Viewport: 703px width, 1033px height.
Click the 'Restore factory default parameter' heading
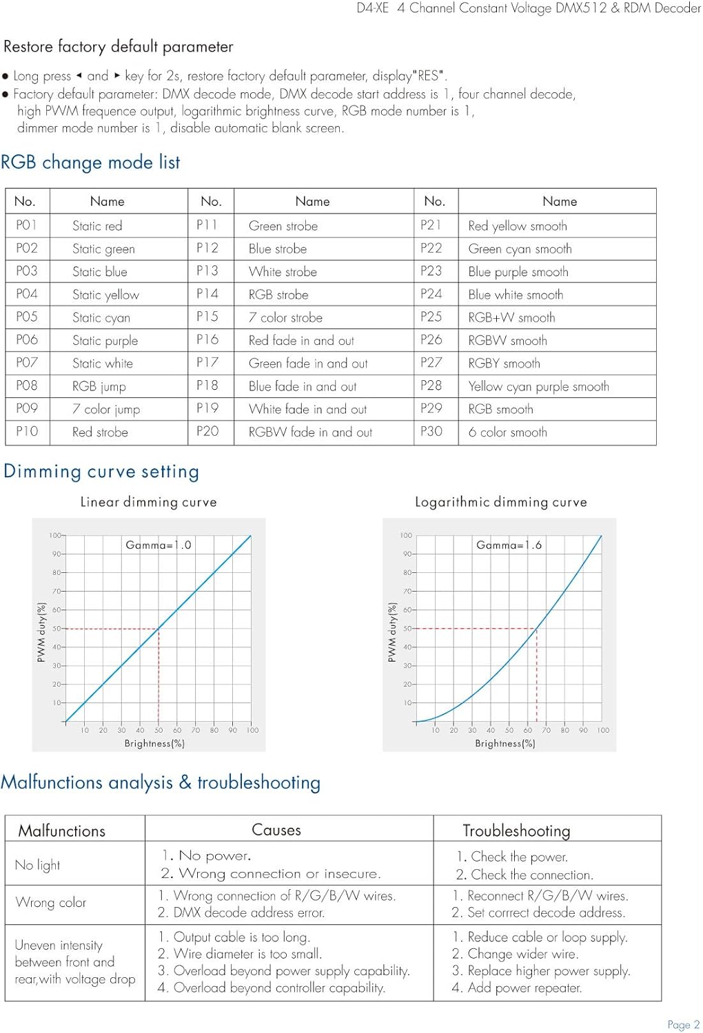119,47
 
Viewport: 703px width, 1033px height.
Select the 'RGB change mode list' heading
90,163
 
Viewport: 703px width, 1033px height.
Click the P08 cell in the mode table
27,386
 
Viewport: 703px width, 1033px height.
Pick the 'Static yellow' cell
105,295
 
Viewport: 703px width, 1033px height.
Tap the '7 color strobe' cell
285,317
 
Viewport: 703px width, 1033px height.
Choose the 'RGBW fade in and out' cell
310,432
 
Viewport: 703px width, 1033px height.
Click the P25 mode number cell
431,317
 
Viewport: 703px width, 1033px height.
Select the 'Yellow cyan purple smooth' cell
538,386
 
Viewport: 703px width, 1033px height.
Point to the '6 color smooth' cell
507,432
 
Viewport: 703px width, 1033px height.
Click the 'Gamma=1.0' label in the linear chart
158,545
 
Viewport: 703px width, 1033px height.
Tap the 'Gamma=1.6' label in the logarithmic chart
509,545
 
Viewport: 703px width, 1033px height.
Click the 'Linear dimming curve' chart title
148,502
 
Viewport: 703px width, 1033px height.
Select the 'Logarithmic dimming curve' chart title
500,502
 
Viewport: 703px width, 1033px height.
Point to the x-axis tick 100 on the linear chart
253,730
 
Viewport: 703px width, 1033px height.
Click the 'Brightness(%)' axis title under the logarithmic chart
505,744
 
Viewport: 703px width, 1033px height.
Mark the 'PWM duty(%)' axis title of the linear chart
41,632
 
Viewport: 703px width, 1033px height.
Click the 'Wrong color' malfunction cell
50,902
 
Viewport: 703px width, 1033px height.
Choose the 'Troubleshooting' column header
516,831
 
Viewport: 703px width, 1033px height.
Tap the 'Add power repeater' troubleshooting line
517,988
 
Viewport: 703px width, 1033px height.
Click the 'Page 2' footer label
683,1025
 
